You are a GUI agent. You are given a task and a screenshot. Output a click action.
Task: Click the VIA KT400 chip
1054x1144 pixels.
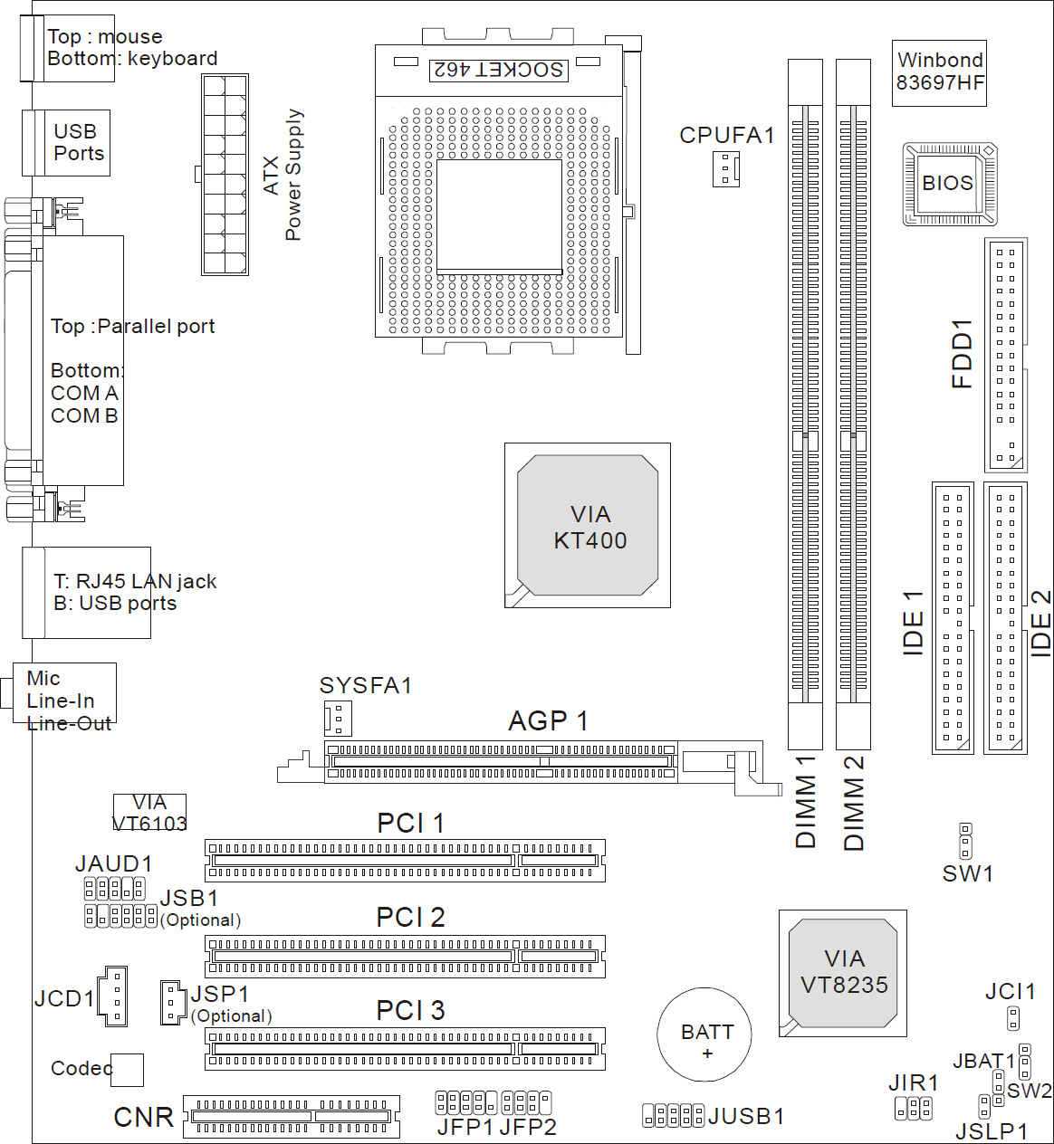point(588,526)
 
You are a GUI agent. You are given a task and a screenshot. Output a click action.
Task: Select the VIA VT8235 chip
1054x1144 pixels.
point(843,973)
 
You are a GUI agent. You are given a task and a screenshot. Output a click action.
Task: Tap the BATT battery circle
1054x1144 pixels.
point(704,1034)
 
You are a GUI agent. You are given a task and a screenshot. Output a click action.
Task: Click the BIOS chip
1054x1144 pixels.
point(949,184)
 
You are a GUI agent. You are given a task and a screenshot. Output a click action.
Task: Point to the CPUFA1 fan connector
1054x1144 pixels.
point(725,168)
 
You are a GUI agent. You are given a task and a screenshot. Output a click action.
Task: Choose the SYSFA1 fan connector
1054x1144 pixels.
point(338,719)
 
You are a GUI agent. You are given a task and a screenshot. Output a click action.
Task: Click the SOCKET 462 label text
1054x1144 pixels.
point(499,70)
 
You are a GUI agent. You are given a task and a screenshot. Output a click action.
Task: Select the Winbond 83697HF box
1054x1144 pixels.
point(939,72)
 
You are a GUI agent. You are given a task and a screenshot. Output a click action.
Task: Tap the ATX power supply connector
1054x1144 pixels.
point(225,175)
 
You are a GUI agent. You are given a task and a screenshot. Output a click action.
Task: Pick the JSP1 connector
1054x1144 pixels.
point(173,1002)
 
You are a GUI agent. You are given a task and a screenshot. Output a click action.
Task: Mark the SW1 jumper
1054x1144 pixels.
point(966,841)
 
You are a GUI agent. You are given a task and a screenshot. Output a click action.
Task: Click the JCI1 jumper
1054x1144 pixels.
point(1013,1018)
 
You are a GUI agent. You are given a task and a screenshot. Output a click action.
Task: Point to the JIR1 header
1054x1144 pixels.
point(913,1108)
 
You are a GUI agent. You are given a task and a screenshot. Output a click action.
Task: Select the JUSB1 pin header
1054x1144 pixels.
point(673,1115)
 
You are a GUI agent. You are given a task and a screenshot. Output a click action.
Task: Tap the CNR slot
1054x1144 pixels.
point(291,1116)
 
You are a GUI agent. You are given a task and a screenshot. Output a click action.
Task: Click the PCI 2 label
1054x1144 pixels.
point(410,918)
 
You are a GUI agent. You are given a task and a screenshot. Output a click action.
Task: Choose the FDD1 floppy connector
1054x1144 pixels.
point(1005,355)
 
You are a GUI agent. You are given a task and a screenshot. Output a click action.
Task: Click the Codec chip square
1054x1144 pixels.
point(128,1070)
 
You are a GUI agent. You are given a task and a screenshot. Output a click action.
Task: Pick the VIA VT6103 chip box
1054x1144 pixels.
point(149,812)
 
